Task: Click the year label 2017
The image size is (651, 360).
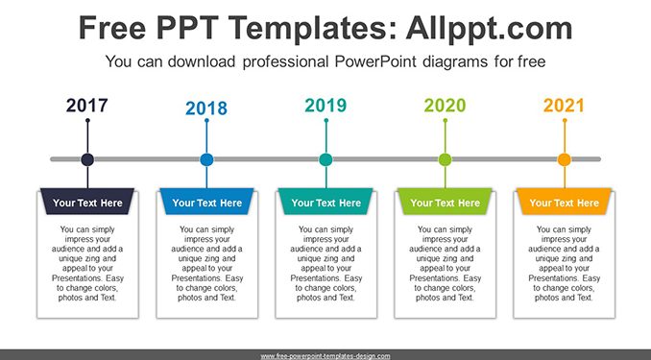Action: pyautogui.click(x=86, y=106)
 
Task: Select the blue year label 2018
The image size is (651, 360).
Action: pyautogui.click(x=206, y=108)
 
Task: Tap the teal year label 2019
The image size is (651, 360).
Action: pyautogui.click(x=325, y=106)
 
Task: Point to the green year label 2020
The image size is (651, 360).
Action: pyautogui.click(x=445, y=106)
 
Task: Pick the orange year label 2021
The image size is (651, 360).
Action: pyautogui.click(x=564, y=106)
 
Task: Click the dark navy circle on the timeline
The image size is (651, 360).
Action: pyautogui.click(x=87, y=159)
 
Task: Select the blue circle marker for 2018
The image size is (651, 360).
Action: pyautogui.click(x=206, y=159)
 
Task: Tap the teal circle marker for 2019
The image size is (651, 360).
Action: pyautogui.click(x=325, y=159)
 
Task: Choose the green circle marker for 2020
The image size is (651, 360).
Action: pyautogui.click(x=446, y=159)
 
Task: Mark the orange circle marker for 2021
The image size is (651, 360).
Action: pyautogui.click(x=565, y=159)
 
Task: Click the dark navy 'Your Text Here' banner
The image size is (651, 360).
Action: pyautogui.click(x=87, y=202)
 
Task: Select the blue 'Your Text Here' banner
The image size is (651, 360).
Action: pyautogui.click(x=206, y=202)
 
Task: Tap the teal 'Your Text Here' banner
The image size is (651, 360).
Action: pyautogui.click(x=325, y=202)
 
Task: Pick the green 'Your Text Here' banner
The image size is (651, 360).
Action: pyautogui.click(x=446, y=202)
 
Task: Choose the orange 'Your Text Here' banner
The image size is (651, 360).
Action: pyautogui.click(x=565, y=202)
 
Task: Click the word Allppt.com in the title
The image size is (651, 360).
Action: pyautogui.click(x=489, y=28)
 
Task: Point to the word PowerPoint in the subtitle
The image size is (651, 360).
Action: pyautogui.click(x=375, y=61)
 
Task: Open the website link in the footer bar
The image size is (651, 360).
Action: pyautogui.click(x=325, y=356)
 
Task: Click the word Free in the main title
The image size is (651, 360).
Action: pyautogui.click(x=112, y=28)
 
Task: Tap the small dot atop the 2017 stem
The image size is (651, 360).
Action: pyautogui.click(x=87, y=120)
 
